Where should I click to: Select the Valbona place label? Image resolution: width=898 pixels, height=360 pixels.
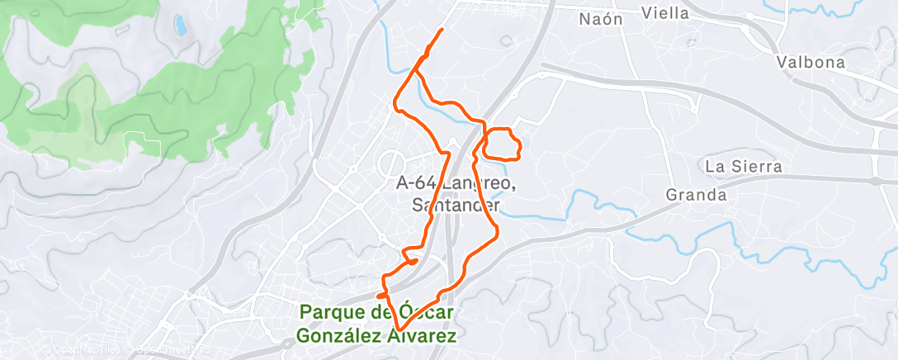811,63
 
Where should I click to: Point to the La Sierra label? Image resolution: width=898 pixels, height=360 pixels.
743,166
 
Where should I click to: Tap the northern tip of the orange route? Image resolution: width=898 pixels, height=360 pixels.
442,30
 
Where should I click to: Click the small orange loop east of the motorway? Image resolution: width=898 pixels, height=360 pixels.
502,144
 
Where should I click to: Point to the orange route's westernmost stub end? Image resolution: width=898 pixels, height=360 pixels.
377,295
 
